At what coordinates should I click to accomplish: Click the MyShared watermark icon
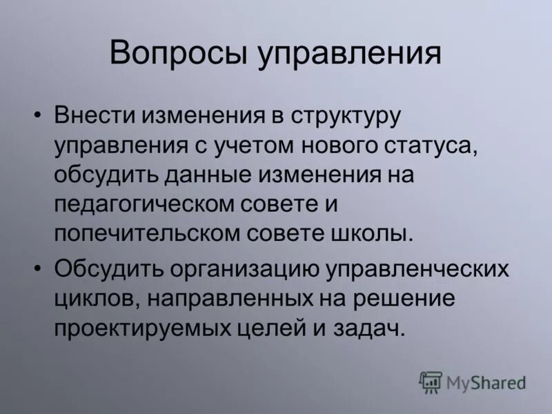pos(430,381)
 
